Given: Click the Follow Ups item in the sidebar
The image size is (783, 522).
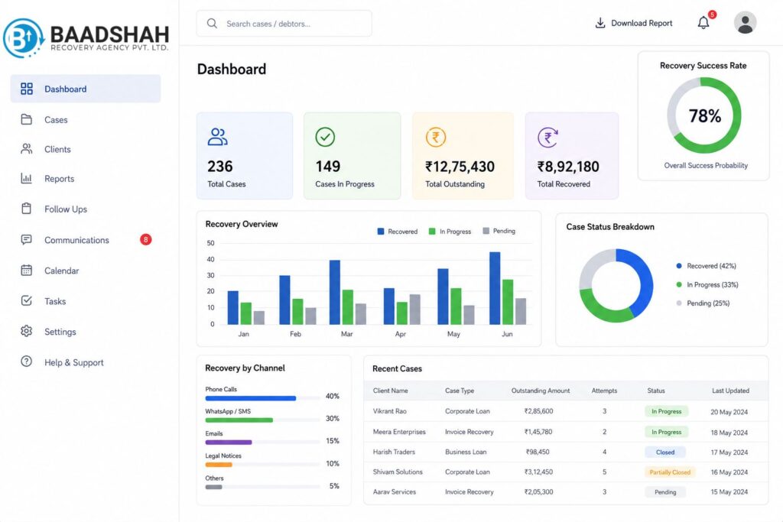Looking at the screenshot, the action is (66, 209).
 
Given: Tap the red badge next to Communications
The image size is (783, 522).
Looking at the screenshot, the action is (145, 239).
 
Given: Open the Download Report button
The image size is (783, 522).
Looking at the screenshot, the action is (634, 23).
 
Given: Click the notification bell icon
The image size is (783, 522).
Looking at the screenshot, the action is (703, 22).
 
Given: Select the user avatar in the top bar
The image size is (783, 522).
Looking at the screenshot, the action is (745, 23).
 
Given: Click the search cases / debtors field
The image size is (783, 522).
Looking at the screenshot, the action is (284, 24).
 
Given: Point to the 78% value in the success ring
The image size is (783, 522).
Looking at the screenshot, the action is (704, 115).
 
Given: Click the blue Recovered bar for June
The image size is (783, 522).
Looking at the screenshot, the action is (495, 288).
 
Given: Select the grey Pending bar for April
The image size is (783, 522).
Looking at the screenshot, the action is (415, 310).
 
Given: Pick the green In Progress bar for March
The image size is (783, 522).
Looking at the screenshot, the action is (348, 307).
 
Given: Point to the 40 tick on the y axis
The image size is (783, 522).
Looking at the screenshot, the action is (211, 260).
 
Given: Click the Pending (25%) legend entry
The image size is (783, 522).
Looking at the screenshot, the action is (703, 303).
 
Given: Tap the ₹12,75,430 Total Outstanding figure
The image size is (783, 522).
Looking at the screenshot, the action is (460, 167).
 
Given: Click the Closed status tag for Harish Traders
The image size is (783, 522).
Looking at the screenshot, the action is (665, 452).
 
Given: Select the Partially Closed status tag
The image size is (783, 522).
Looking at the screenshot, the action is (670, 472).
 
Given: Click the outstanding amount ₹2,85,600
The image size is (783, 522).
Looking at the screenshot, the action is (539, 411).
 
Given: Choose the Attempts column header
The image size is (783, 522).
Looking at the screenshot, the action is (604, 391).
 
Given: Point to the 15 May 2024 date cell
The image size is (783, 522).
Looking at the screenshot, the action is (729, 492).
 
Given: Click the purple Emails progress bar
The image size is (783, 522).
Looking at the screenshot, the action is (229, 443).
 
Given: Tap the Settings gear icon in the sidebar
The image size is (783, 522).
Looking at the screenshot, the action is (27, 332).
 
